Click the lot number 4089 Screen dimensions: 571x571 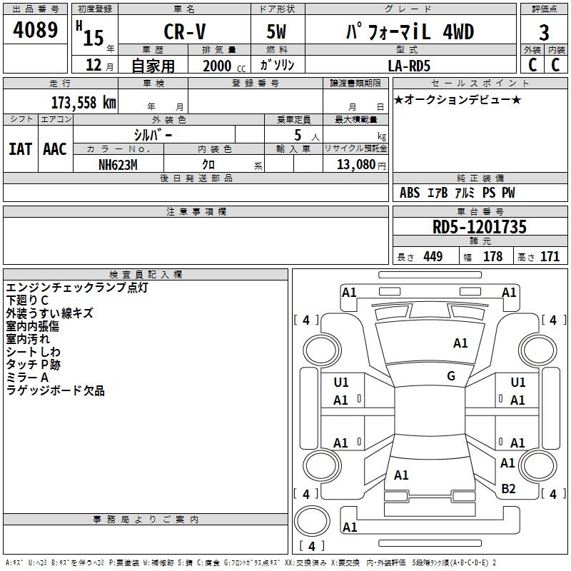pyautogui.click(x=36, y=32)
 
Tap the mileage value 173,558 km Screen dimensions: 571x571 pyautogui.click(x=84, y=102)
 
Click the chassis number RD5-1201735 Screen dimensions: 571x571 pyautogui.click(x=480, y=227)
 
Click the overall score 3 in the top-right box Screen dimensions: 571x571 pyautogui.click(x=545, y=32)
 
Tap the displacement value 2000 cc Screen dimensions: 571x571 pyautogui.click(x=218, y=66)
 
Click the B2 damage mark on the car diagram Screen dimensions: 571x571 pyautogui.click(x=508, y=488)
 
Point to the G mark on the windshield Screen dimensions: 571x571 pyautogui.click(x=451, y=376)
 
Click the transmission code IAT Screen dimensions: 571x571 pyautogui.click(x=20, y=149)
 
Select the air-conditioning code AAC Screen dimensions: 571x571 pyautogui.click(x=55, y=149)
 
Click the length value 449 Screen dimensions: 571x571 pyautogui.click(x=433, y=257)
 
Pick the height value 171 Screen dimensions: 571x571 pyautogui.click(x=550, y=257)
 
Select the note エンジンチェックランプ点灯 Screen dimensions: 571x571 pyautogui.click(x=76, y=288)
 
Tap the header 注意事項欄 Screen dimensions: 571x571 pyautogui.click(x=196, y=211)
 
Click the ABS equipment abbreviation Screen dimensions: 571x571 pyautogui.click(x=410, y=193)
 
